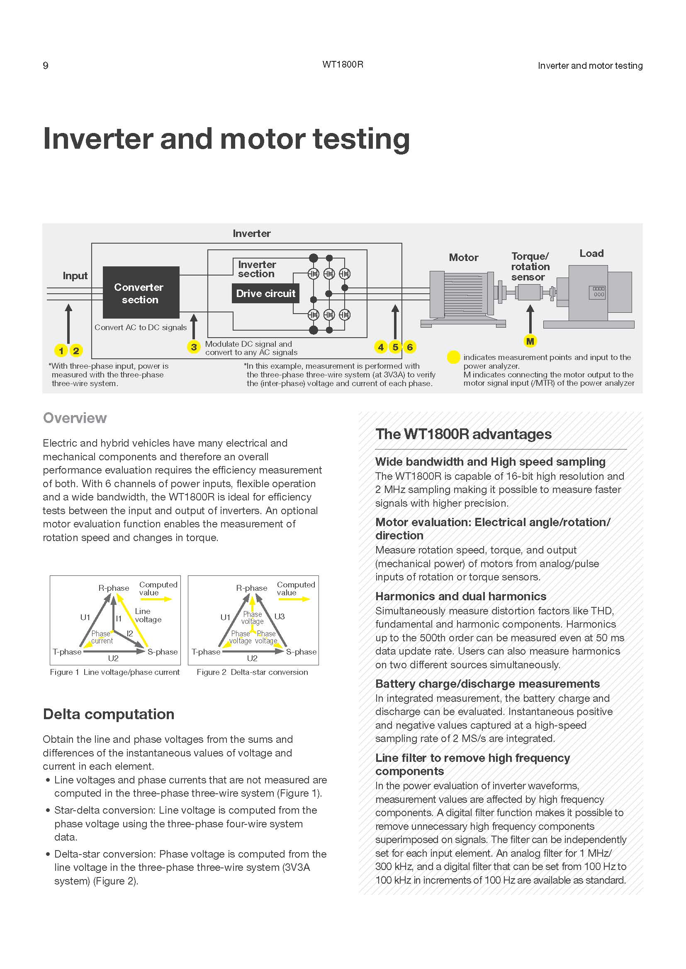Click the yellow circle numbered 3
click(193, 347)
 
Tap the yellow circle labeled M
click(530, 341)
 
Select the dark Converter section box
click(141, 292)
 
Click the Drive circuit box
click(265, 294)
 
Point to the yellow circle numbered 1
click(61, 350)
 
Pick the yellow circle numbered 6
click(409, 347)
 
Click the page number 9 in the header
click(46, 66)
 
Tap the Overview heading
click(75, 418)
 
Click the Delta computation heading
click(109, 714)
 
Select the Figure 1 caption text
click(114, 672)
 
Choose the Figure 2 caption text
click(252, 672)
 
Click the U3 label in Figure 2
click(279, 616)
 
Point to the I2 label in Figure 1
click(130, 633)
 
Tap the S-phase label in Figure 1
click(163, 652)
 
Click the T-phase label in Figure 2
click(206, 652)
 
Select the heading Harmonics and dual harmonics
click(460, 596)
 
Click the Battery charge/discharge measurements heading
click(487, 683)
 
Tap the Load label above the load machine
click(591, 253)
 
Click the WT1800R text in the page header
click(343, 65)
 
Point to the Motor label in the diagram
click(463, 257)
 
